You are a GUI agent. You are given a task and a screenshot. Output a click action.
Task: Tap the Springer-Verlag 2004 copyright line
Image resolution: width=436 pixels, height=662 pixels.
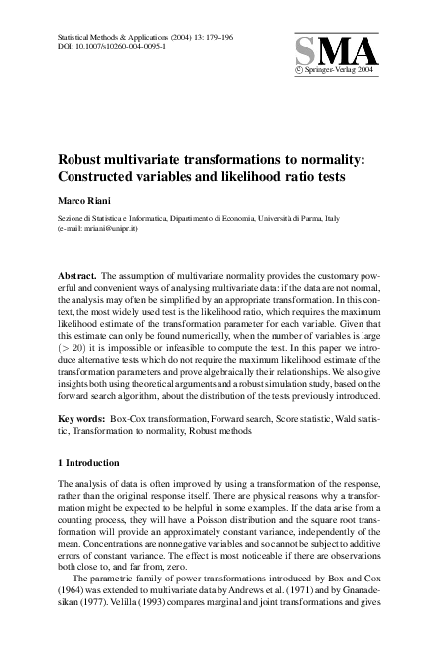point(338,72)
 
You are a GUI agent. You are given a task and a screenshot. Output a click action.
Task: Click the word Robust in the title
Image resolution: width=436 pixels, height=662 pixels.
point(83,158)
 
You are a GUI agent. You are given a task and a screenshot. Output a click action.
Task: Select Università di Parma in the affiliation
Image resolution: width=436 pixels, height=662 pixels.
point(298,217)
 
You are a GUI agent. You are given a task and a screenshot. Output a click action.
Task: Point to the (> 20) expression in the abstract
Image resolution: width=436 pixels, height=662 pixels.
point(78,351)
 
